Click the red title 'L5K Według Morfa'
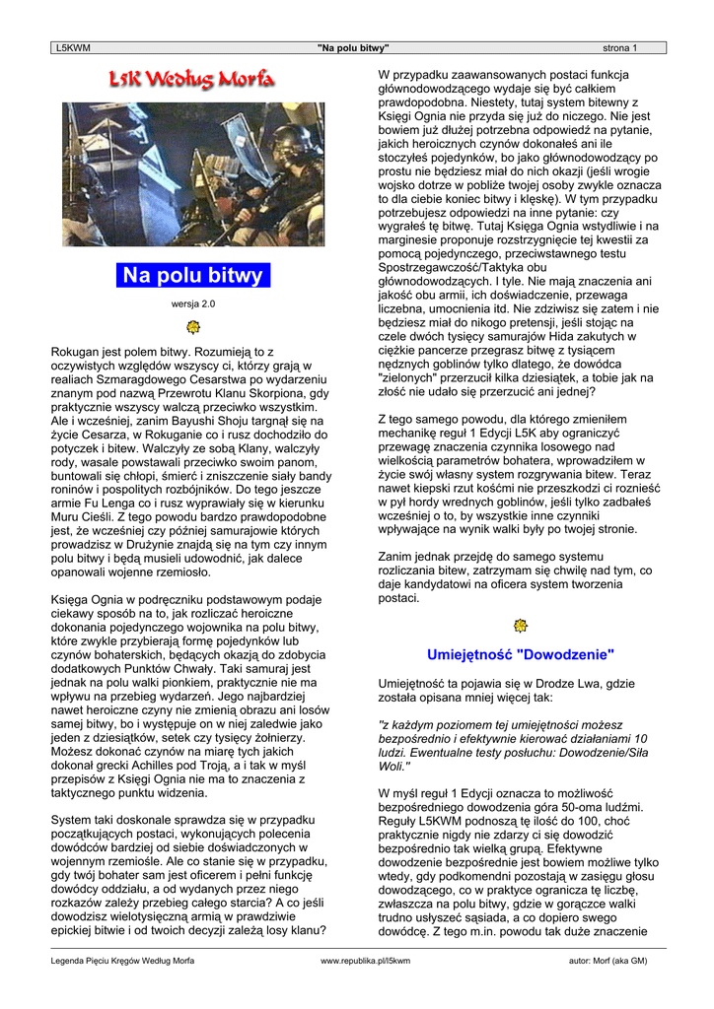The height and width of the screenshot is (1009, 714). tap(193, 78)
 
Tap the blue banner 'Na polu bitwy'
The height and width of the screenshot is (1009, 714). tap(192, 275)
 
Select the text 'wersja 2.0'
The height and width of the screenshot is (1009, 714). tap(192, 303)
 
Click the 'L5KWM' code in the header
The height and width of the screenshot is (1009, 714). tap(72, 47)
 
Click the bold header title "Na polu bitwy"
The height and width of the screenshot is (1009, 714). tap(353, 47)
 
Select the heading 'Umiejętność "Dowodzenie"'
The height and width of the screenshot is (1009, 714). tap(521, 654)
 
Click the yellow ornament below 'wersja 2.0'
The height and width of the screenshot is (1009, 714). tap(193, 326)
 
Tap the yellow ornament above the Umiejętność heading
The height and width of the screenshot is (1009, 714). tap(521, 626)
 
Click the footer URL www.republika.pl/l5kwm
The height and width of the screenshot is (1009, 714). tap(366, 960)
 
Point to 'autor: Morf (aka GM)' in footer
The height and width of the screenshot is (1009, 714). tap(607, 960)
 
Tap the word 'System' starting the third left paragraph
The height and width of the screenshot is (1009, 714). tap(72, 819)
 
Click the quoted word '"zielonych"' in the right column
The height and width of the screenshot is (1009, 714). tap(412, 377)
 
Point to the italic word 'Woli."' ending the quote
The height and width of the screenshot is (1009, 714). tap(395, 765)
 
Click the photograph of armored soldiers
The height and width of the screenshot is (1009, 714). tap(193, 173)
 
